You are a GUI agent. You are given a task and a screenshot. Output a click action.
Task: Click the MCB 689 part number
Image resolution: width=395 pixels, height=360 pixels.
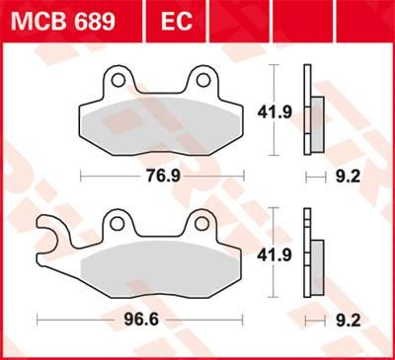(x=60, y=21)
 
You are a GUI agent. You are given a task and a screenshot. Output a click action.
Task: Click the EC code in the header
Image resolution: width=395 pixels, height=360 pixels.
(x=170, y=21)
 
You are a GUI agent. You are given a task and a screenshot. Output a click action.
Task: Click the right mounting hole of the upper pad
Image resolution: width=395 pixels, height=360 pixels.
(x=202, y=80)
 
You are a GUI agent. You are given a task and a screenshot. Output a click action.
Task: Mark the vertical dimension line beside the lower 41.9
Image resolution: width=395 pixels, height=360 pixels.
(x=274, y=253)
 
